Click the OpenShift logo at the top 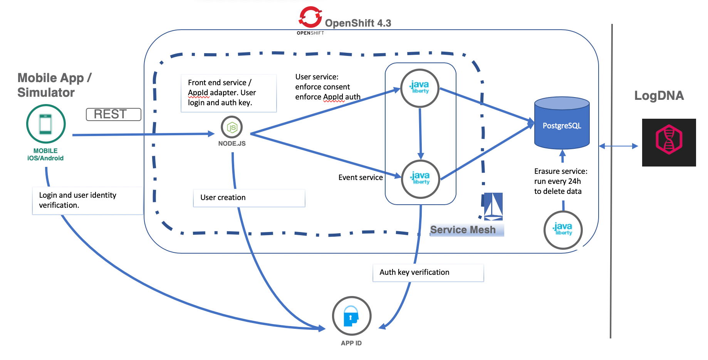click(x=310, y=17)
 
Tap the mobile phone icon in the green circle click(x=46, y=124)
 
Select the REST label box click(x=113, y=114)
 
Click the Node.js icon click(x=232, y=127)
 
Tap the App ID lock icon click(x=351, y=316)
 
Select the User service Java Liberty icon click(x=419, y=88)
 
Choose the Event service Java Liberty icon click(x=420, y=179)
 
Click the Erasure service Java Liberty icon click(x=563, y=230)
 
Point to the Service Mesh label click(x=463, y=230)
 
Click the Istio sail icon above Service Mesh click(x=493, y=206)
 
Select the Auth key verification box click(x=428, y=273)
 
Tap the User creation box click(x=249, y=198)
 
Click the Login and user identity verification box click(x=87, y=200)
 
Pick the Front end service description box click(x=228, y=93)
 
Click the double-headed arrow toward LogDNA click(x=619, y=146)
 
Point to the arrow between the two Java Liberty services click(x=420, y=133)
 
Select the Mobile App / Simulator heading click(x=54, y=85)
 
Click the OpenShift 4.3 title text click(x=358, y=23)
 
